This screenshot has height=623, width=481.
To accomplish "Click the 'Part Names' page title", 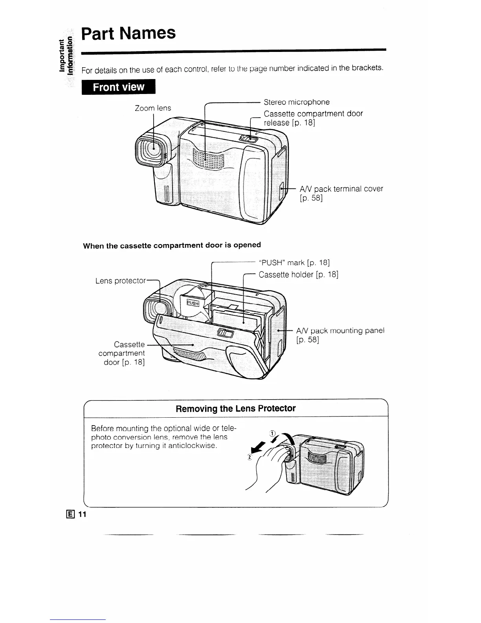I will (129, 33).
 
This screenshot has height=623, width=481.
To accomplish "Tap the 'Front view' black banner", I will (119, 87).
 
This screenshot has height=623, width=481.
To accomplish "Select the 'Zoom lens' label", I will (153, 108).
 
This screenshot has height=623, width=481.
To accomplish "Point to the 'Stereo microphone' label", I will (297, 102).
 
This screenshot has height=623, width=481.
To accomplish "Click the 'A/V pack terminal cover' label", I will (341, 189).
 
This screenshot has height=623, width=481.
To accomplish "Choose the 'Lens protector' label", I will (121, 281).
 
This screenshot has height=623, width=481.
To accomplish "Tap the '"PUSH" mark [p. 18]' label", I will (294, 262).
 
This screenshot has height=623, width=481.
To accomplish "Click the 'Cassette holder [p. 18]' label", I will (298, 275).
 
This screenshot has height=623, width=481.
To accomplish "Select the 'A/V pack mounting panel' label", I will (340, 330).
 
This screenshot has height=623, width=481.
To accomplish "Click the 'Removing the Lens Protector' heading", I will (235, 408).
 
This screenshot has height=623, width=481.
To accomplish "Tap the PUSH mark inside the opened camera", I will (193, 303).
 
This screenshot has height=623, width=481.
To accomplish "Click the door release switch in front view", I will (248, 139).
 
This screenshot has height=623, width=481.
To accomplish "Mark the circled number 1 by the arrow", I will (272, 433).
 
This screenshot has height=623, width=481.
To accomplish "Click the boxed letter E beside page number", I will (72, 514).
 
